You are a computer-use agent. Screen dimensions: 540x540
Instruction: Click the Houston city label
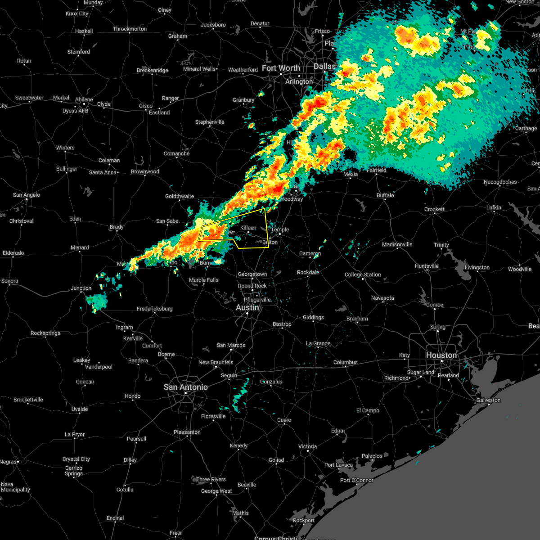pyautogui.click(x=441, y=355)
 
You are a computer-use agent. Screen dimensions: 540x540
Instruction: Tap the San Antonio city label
pyautogui.click(x=185, y=387)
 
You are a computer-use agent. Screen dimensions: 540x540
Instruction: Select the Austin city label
pyautogui.click(x=247, y=308)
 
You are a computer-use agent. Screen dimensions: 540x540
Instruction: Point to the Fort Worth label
pyautogui.click(x=281, y=68)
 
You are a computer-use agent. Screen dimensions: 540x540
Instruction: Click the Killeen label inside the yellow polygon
pyautogui.click(x=248, y=228)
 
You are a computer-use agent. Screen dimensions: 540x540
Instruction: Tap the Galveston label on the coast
pyautogui.click(x=488, y=400)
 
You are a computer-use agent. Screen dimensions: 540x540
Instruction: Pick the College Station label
pyautogui.click(x=363, y=274)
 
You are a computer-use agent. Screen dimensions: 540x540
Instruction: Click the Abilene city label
pyautogui.click(x=84, y=99)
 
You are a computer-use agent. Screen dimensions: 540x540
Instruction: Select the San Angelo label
pyautogui.click(x=26, y=195)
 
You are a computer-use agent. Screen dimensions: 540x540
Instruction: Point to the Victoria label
pyautogui.click(x=307, y=446)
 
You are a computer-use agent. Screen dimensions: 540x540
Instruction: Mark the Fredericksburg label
pyautogui.click(x=154, y=309)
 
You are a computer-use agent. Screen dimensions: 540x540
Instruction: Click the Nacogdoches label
pyautogui.click(x=500, y=182)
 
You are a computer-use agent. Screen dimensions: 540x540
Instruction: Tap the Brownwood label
pyautogui.click(x=145, y=171)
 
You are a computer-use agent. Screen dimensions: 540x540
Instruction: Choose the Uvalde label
pyautogui.click(x=80, y=409)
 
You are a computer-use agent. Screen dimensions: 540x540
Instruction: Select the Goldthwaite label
pyautogui.click(x=179, y=196)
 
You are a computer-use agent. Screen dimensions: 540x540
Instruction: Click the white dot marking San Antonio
pyautogui.click(x=185, y=393)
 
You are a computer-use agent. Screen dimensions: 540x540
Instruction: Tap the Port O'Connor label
pyautogui.click(x=356, y=480)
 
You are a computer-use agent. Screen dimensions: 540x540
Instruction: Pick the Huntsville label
pyautogui.click(x=427, y=266)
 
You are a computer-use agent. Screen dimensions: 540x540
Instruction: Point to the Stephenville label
pyautogui.click(x=209, y=122)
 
